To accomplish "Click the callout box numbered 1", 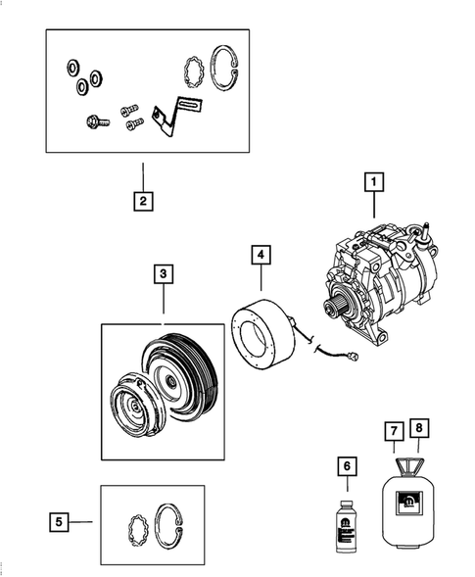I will pos(372,181).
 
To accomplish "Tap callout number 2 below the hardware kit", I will pos(143,202).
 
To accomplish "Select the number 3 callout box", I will pos(163,274).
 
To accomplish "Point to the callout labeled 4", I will pos(260,255).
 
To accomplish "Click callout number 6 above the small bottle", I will pos(345,468).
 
